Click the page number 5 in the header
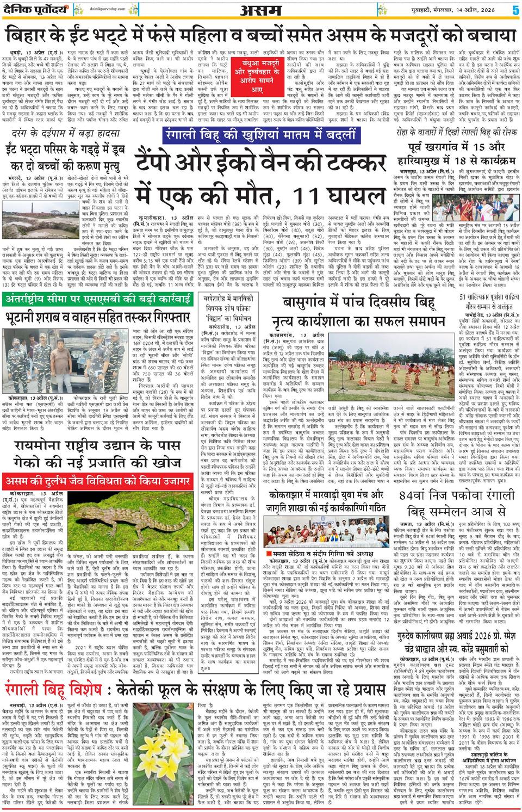514,9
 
